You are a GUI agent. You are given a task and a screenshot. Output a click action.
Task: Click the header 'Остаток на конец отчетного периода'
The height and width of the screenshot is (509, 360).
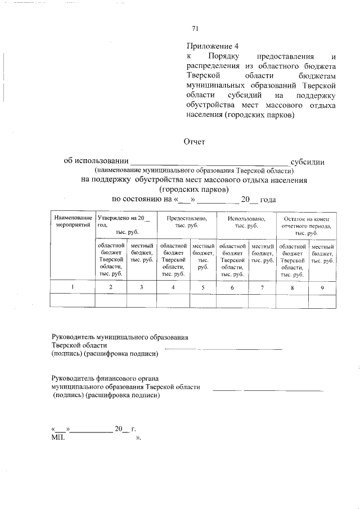click(307, 225)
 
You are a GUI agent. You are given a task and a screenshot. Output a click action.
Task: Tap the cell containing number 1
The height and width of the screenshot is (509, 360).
click(73, 287)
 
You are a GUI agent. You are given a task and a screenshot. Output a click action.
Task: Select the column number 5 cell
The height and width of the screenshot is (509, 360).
click(203, 287)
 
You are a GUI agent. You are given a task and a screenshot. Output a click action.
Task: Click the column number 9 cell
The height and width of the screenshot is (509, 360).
click(322, 287)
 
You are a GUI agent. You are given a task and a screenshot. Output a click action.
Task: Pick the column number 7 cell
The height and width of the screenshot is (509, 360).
click(262, 287)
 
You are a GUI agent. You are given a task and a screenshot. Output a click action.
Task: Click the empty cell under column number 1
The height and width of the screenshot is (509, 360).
click(73, 301)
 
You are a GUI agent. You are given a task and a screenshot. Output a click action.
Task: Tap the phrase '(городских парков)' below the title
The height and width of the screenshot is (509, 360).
click(194, 190)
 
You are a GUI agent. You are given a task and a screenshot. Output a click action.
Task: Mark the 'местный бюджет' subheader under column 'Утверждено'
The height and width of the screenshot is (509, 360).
click(142, 253)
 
